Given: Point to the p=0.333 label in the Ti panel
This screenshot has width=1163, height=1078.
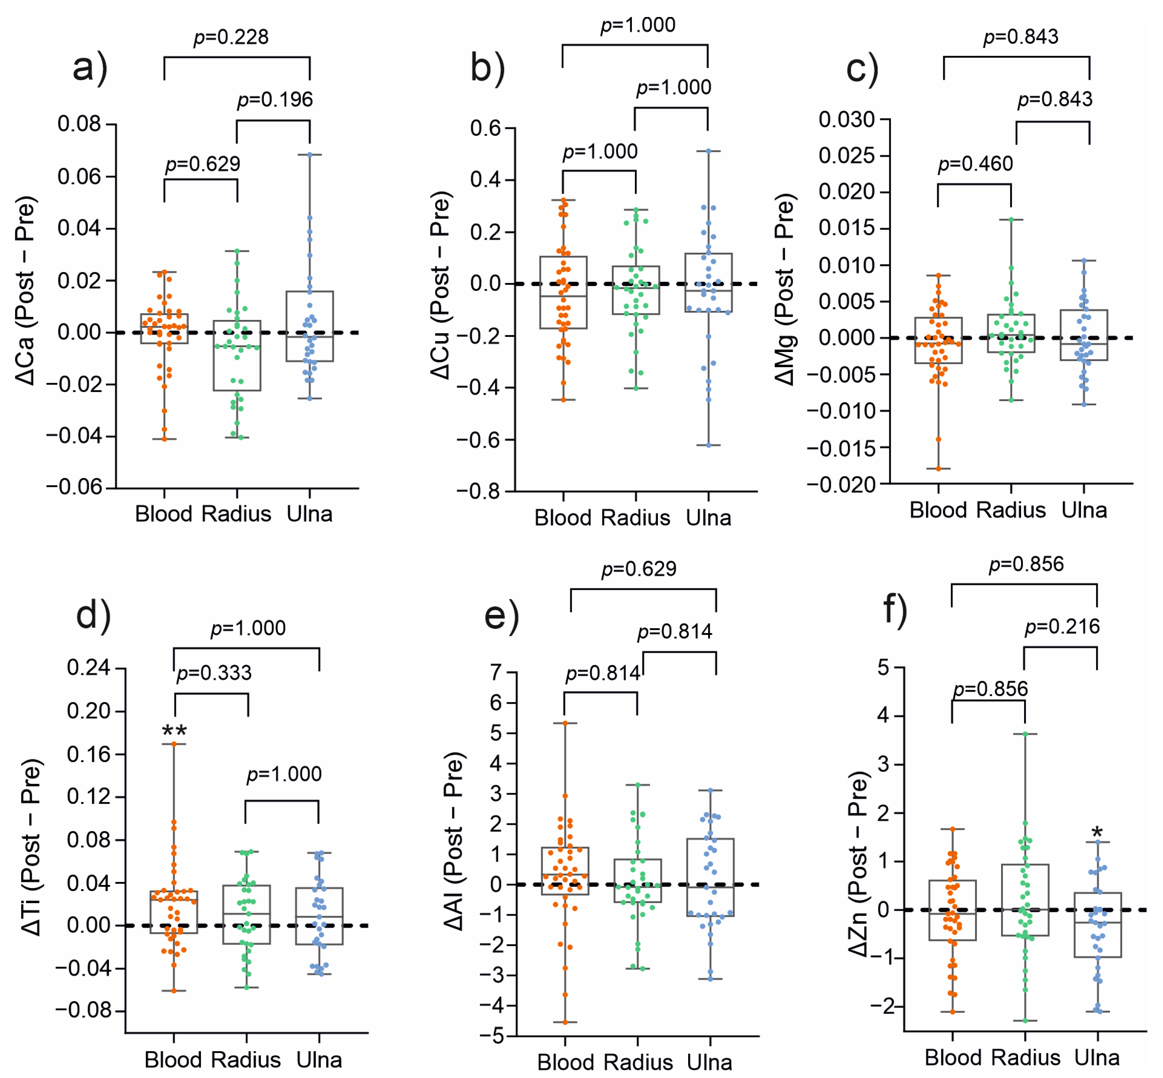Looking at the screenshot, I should coord(214,673).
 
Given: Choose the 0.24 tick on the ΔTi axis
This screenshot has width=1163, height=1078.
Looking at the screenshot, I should coord(89,667).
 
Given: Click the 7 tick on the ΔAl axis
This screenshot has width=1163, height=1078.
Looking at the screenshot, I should coord(496,673).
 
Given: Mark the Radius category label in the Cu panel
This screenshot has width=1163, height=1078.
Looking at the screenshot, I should coord(635,518).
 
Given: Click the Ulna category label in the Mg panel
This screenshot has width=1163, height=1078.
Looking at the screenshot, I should coord(1084,510).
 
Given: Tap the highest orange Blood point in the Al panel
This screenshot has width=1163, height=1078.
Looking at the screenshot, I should coord(565,723).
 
